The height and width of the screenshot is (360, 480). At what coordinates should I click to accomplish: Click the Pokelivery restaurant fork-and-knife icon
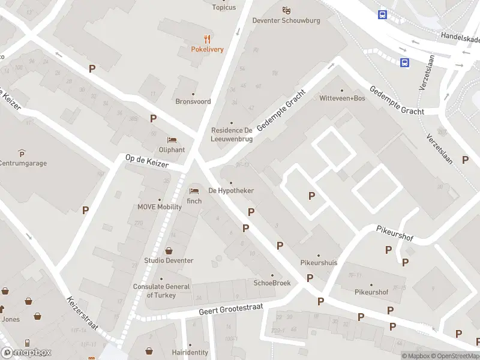point(208,39)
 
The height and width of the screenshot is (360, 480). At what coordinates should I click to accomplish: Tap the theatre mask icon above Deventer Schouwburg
point(286,10)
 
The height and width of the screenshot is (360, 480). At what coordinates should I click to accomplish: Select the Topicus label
point(224,7)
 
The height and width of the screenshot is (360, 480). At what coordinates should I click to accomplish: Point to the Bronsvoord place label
point(193,101)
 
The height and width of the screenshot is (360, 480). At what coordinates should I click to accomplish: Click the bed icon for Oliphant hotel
point(172,140)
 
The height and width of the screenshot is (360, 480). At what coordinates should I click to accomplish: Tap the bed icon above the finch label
point(194,191)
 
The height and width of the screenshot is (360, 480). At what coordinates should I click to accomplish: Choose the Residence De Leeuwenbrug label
point(231,134)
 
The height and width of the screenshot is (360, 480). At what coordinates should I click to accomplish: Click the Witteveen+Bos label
point(342,98)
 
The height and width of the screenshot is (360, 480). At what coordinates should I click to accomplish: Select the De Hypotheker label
point(230,191)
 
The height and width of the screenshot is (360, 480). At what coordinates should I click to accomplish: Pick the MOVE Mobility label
point(160,207)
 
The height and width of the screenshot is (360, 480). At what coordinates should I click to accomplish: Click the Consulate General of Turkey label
point(154,291)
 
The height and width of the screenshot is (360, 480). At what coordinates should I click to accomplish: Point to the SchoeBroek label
point(272,283)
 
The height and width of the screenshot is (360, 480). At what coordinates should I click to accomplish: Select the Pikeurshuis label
point(319,263)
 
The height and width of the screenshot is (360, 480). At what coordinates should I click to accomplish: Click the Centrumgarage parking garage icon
point(22,153)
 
